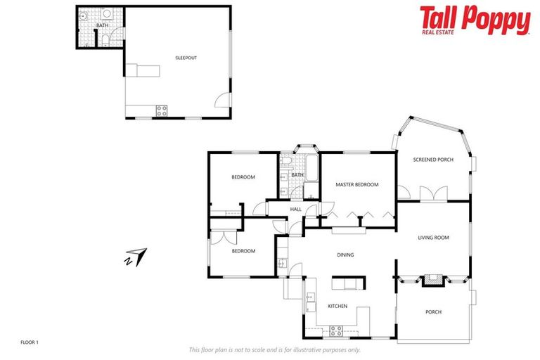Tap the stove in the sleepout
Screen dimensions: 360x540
(x=161, y=110)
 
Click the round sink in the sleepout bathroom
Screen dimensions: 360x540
(x=83, y=15)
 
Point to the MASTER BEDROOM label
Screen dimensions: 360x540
(x=356, y=185)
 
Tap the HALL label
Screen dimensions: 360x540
(x=295, y=209)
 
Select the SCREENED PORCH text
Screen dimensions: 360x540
(x=433, y=160)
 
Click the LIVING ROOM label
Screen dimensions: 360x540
(x=433, y=238)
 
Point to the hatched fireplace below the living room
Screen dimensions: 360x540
(x=433, y=280)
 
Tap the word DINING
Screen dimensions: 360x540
(x=345, y=255)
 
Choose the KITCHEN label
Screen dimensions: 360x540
(x=337, y=306)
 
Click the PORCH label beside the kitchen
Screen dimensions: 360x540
(x=433, y=311)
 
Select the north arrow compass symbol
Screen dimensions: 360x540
(x=136, y=257)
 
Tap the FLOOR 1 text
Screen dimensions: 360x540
(x=29, y=342)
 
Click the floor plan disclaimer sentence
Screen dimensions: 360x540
(x=274, y=349)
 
